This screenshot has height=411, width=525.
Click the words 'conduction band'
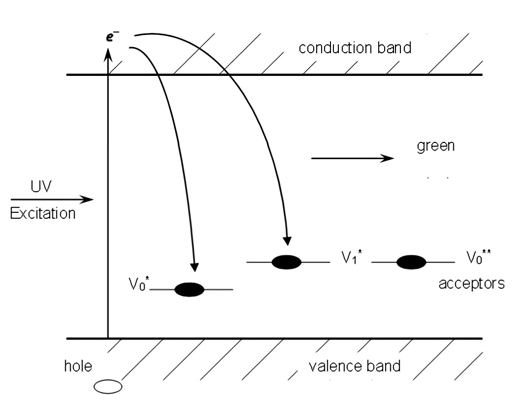click(355, 48)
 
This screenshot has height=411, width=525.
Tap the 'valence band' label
click(354, 366)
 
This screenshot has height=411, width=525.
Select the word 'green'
click(435, 147)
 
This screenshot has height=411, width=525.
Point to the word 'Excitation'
click(43, 214)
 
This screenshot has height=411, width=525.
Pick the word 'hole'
click(78, 366)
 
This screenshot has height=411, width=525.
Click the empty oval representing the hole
click(108, 387)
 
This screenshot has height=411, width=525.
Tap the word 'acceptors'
click(471, 284)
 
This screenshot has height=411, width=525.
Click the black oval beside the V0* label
click(190, 290)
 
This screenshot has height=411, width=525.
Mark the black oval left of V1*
click(287, 262)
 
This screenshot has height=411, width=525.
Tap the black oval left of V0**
click(411, 262)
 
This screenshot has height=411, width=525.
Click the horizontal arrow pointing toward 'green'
click(353, 158)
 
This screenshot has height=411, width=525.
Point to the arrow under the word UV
click(52, 200)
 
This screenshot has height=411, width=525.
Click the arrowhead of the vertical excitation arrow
click(107, 55)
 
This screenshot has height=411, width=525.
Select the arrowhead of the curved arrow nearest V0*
click(195, 266)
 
